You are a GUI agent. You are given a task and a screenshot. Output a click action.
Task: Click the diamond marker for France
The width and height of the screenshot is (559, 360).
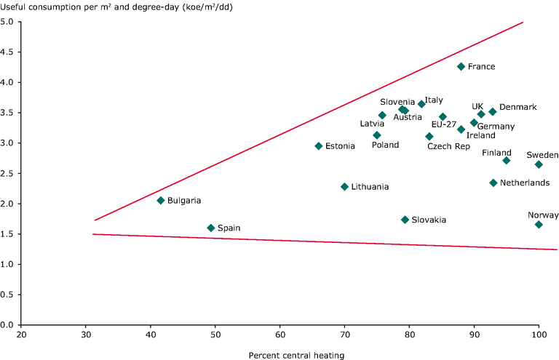(461, 66)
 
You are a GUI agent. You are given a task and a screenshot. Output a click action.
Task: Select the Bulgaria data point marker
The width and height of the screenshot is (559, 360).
(161, 200)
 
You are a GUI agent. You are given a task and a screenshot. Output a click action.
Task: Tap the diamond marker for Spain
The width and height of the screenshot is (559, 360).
(211, 228)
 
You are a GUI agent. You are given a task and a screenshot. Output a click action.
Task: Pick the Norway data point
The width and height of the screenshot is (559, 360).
(539, 225)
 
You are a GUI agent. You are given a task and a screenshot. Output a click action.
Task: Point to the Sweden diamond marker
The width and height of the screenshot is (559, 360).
(539, 164)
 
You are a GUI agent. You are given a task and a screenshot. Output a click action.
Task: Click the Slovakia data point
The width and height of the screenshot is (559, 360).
(405, 220)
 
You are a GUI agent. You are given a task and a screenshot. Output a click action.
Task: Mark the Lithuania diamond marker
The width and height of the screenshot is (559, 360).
(344, 187)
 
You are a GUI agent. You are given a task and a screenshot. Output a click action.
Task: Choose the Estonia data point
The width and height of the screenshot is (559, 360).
(318, 146)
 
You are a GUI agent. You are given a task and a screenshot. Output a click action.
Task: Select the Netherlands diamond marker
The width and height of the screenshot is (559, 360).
(493, 183)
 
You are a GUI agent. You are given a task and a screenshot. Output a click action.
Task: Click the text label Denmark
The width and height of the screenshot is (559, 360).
(518, 107)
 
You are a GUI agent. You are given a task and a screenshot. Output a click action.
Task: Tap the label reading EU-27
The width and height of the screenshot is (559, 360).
(443, 124)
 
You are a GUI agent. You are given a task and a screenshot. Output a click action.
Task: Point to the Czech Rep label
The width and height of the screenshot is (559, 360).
(448, 146)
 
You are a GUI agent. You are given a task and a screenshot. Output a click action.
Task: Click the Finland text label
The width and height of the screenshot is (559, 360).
(496, 153)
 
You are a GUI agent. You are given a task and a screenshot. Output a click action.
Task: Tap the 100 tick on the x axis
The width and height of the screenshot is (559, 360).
(539, 334)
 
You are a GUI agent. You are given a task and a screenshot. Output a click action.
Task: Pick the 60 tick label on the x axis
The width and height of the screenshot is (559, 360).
(280, 334)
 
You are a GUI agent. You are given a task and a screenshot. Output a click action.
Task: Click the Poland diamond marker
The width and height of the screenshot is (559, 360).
(377, 135)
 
